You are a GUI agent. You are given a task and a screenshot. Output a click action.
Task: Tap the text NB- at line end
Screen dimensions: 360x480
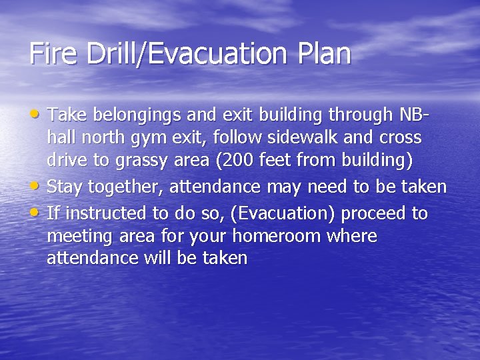click(x=414, y=115)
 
